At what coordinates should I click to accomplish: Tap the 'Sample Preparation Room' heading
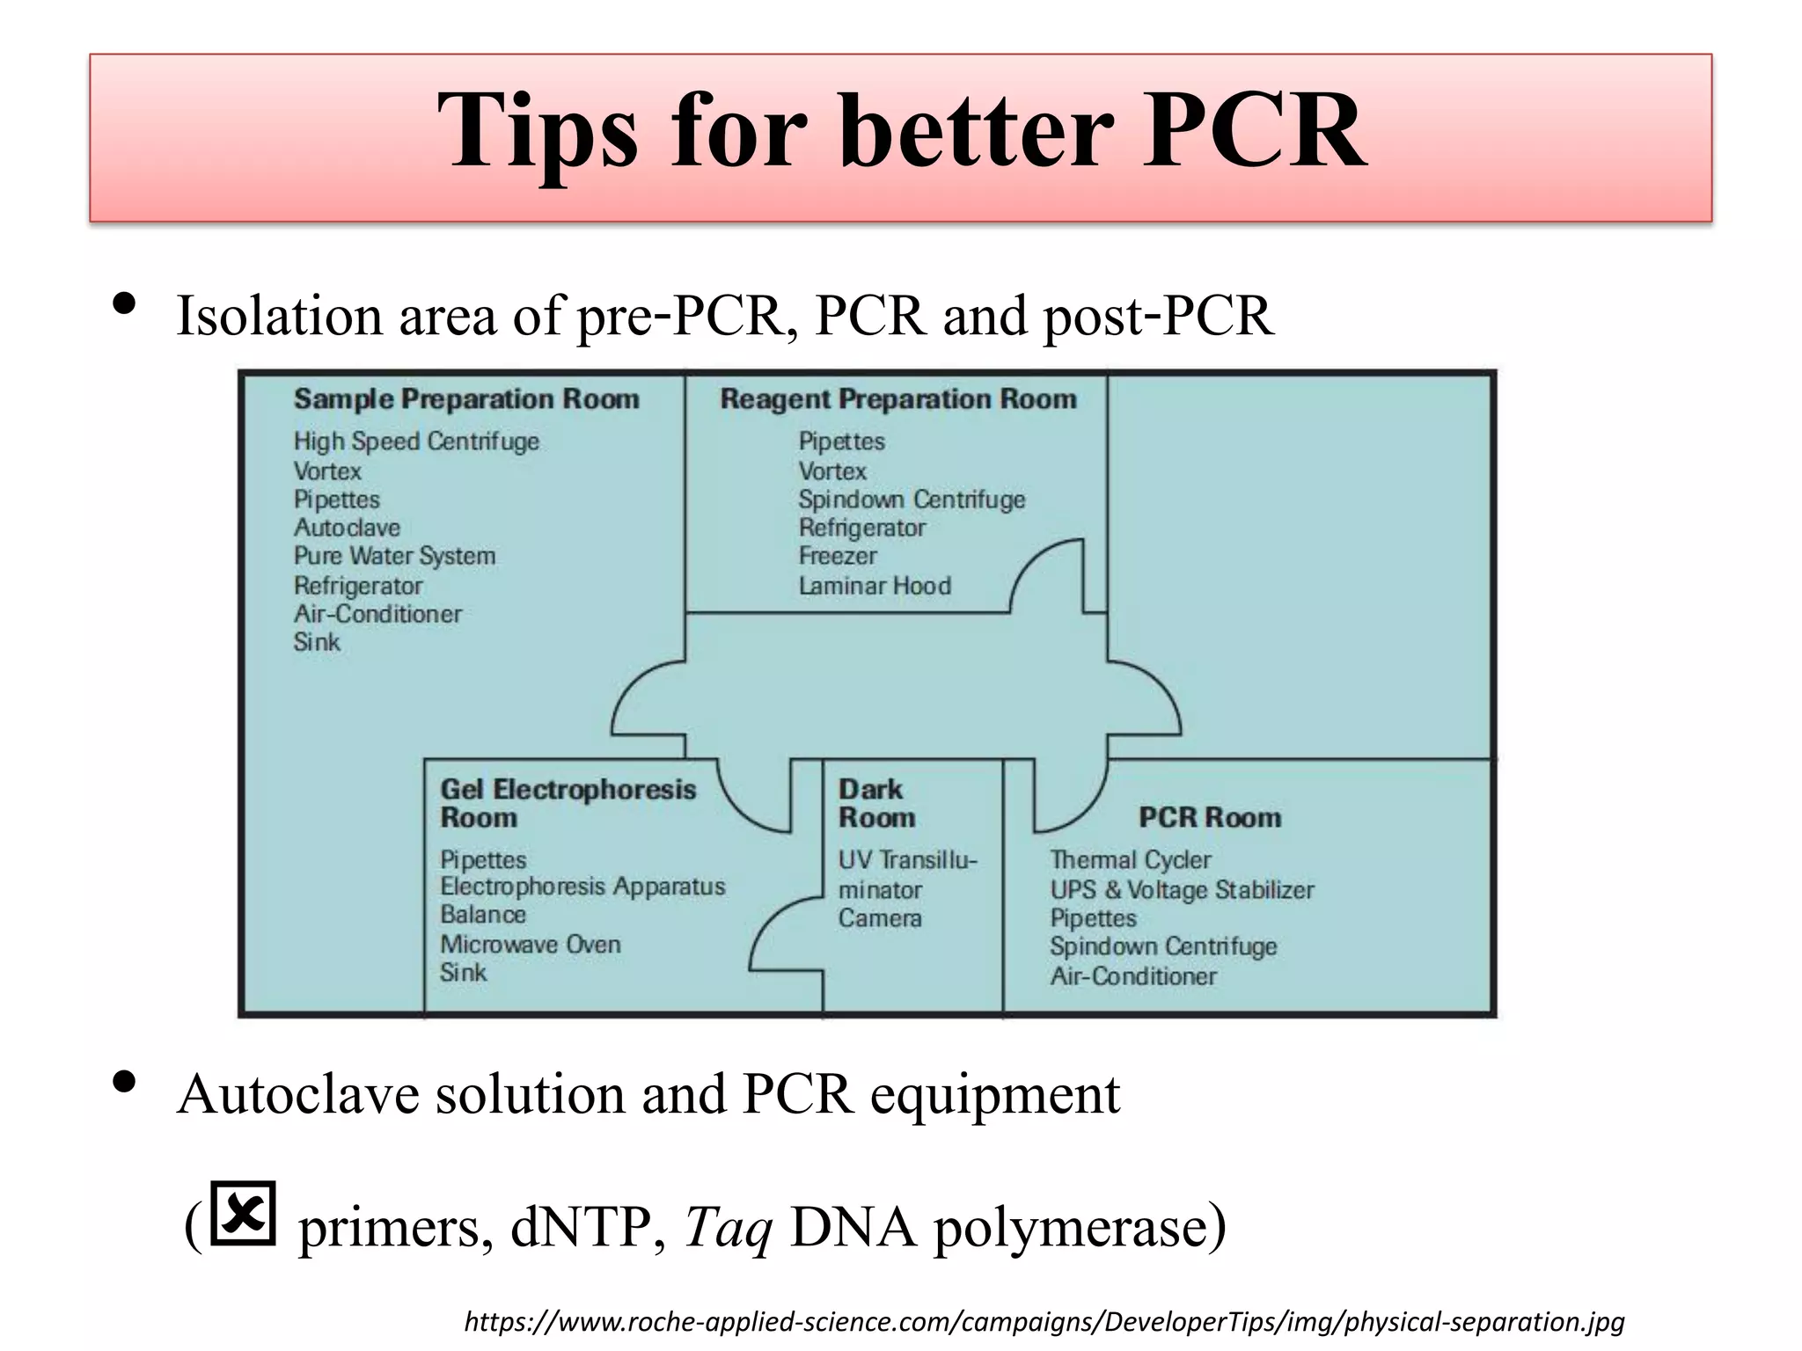click(x=466, y=399)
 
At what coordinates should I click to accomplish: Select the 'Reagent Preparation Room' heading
click(x=898, y=399)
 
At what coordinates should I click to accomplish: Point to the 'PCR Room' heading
click(x=1210, y=818)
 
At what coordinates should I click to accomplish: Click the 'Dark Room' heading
click(x=876, y=803)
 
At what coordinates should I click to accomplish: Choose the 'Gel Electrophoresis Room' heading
click(x=568, y=803)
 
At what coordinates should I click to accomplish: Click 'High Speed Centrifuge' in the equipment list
click(x=416, y=442)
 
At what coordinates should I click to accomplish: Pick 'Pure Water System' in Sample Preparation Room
click(x=394, y=557)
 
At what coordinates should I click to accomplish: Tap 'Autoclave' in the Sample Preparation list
click(x=347, y=528)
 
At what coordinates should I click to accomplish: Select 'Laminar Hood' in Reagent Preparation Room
click(x=875, y=586)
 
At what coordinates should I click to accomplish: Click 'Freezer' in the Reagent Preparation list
click(x=838, y=557)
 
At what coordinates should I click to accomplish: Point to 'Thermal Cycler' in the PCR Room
click(x=1131, y=860)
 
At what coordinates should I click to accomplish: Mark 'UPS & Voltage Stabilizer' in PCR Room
click(x=1182, y=890)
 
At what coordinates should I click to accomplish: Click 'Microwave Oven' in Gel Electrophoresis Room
click(x=531, y=945)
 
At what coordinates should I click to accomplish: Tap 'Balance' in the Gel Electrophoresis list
click(x=483, y=915)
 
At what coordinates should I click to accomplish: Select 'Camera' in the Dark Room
click(x=880, y=919)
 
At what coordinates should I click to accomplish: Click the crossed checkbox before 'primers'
click(x=244, y=1215)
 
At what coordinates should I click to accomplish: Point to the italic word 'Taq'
click(x=728, y=1228)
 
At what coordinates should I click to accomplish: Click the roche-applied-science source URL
click(x=1044, y=1322)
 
